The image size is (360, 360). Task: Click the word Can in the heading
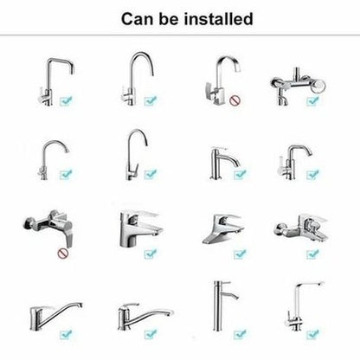(138, 19)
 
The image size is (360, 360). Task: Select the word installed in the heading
(219, 19)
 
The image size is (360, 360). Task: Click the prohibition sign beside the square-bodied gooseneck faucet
(235, 100)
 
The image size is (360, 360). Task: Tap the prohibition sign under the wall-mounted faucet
(63, 254)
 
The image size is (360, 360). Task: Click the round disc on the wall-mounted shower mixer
(319, 86)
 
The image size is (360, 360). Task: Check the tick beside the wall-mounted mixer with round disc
(312, 100)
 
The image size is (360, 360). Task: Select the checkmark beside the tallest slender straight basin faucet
(240, 334)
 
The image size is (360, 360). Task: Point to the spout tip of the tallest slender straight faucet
(236, 298)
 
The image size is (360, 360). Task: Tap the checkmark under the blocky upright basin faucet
(151, 254)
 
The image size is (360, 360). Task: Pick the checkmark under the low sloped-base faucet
(240, 254)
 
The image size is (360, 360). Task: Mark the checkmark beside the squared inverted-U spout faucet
(67, 100)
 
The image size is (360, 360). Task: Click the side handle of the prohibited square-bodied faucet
(209, 90)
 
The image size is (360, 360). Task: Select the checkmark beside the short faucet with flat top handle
(240, 174)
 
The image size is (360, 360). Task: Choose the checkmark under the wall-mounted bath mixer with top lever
(312, 254)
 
